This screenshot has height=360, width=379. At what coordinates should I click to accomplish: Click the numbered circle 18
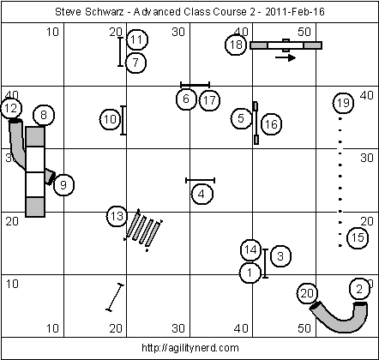236,45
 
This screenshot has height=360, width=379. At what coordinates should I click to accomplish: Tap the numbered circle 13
117,216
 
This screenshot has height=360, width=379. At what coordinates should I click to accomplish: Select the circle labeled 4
202,195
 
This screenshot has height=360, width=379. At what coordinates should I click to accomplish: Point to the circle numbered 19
343,103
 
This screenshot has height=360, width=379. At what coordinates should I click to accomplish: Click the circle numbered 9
63,185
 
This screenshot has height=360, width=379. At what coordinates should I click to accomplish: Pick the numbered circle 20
307,293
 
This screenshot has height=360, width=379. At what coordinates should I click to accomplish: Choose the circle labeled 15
358,237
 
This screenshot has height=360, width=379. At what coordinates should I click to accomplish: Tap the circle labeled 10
111,119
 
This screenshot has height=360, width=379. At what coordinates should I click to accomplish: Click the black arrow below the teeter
286,57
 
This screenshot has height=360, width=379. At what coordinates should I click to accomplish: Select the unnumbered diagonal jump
115,297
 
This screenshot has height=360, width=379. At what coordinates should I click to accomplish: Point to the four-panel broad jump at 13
143,231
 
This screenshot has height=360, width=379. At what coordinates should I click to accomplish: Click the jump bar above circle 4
200,180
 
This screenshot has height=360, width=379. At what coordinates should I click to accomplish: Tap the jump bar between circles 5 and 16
256,123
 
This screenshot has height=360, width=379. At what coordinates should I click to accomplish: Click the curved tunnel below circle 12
16,144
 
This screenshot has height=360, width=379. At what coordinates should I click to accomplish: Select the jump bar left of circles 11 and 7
121,51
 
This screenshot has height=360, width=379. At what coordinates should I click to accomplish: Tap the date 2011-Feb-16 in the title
295,12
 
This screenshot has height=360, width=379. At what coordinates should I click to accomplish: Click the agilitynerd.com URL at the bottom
190,348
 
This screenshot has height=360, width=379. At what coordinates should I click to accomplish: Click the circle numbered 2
360,289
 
